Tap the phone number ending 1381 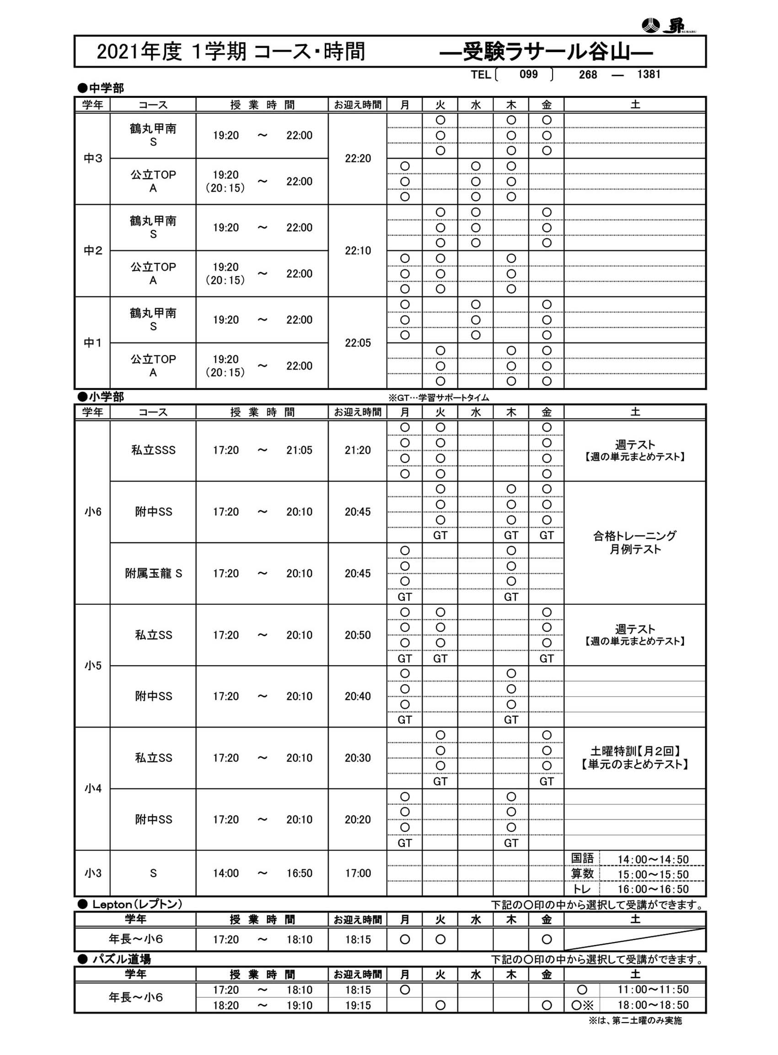pyautogui.click(x=648, y=75)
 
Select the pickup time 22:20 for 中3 pyautogui.click(x=358, y=159)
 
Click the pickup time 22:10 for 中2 pyautogui.click(x=358, y=251)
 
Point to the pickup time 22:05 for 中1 pyautogui.click(x=358, y=343)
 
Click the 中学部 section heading pyautogui.click(x=101, y=88)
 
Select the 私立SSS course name pyautogui.click(x=153, y=450)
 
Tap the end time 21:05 pyautogui.click(x=299, y=450)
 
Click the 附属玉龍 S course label pyautogui.click(x=153, y=573)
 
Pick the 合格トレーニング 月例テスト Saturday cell pyautogui.click(x=634, y=542)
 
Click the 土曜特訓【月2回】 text pyautogui.click(x=634, y=751)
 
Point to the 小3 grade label pyautogui.click(x=93, y=873)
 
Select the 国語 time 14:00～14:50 pyautogui.click(x=653, y=860)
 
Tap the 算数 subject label pyautogui.click(x=582, y=874)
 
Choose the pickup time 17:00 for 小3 pyautogui.click(x=358, y=873)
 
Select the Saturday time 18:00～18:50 pyautogui.click(x=653, y=1005)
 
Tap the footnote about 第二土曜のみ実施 pyautogui.click(x=635, y=1021)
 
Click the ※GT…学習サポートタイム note pyautogui.click(x=439, y=398)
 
